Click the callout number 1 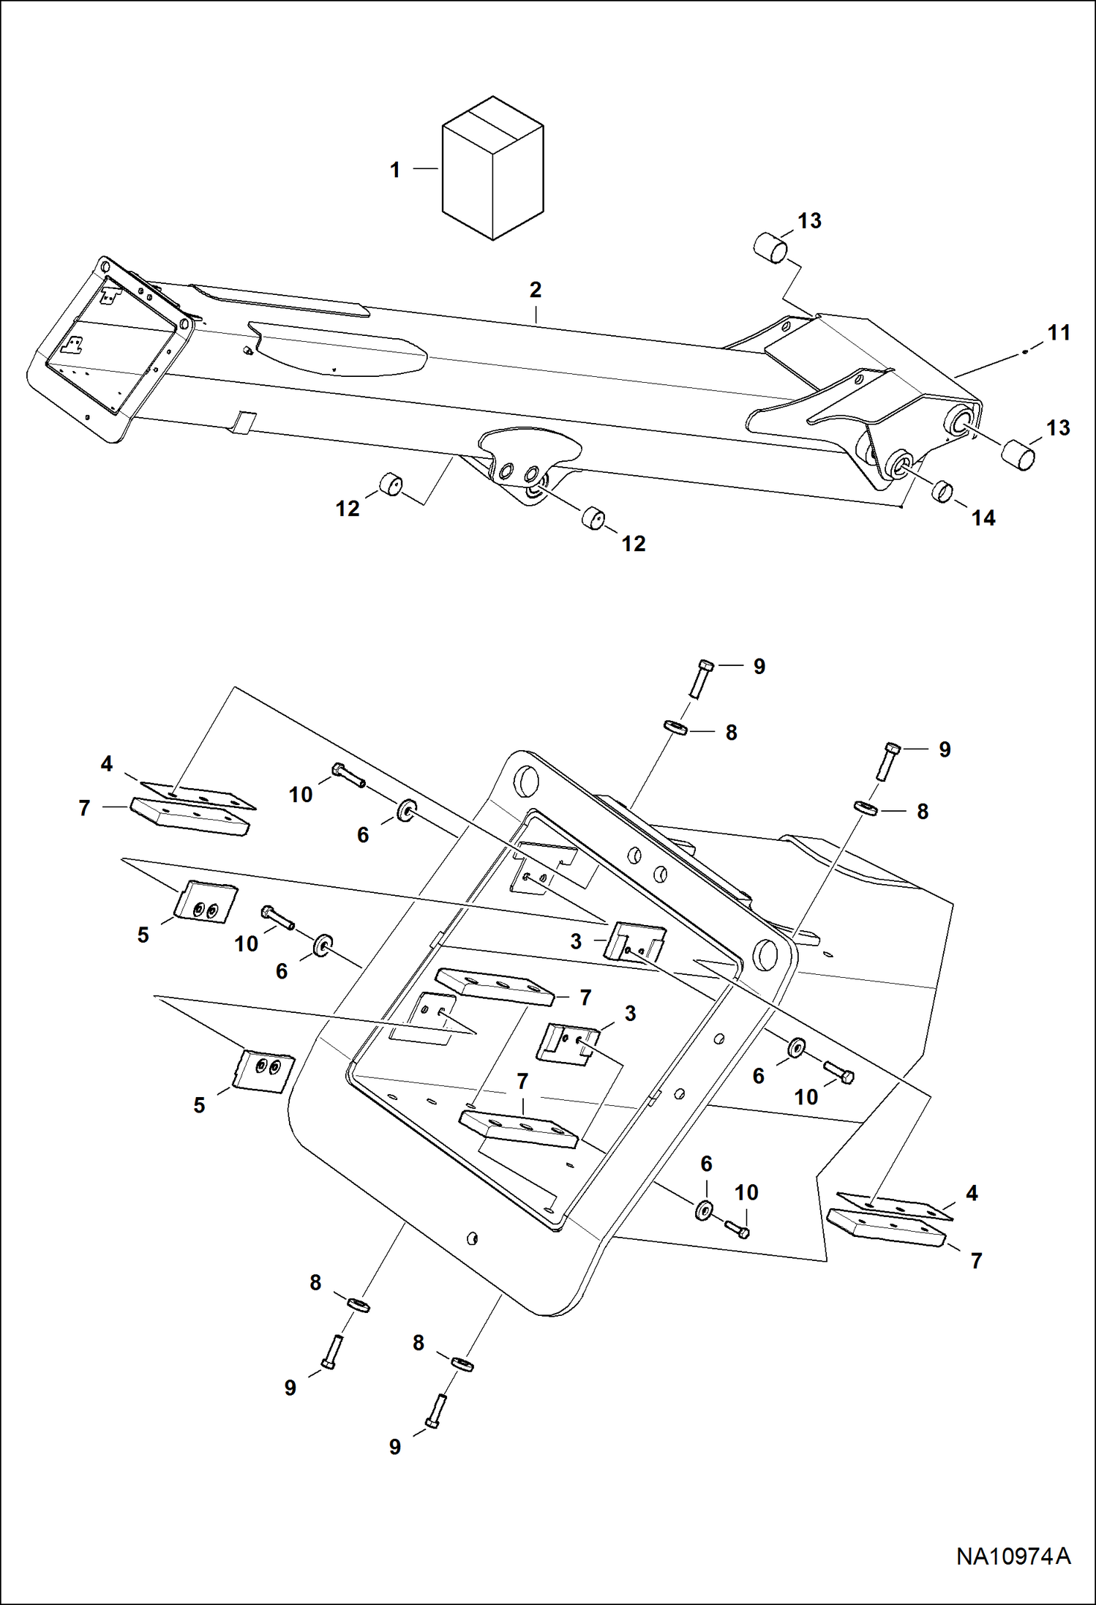pyautogui.click(x=395, y=170)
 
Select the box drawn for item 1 pyautogui.click(x=492, y=168)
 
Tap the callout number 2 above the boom pyautogui.click(x=536, y=290)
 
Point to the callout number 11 pyautogui.click(x=1059, y=333)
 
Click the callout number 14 pyautogui.click(x=983, y=517)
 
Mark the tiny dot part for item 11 pyautogui.click(x=1025, y=352)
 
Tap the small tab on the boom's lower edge pyautogui.click(x=242, y=422)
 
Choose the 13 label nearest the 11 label pyautogui.click(x=1058, y=427)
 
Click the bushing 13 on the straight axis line pyautogui.click(x=1020, y=454)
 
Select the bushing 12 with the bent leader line pyautogui.click(x=393, y=484)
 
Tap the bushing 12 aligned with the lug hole pyautogui.click(x=593, y=517)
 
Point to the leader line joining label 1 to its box pyautogui.click(x=425, y=169)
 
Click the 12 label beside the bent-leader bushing pyautogui.click(x=348, y=509)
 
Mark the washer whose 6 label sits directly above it pyautogui.click(x=705, y=1210)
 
